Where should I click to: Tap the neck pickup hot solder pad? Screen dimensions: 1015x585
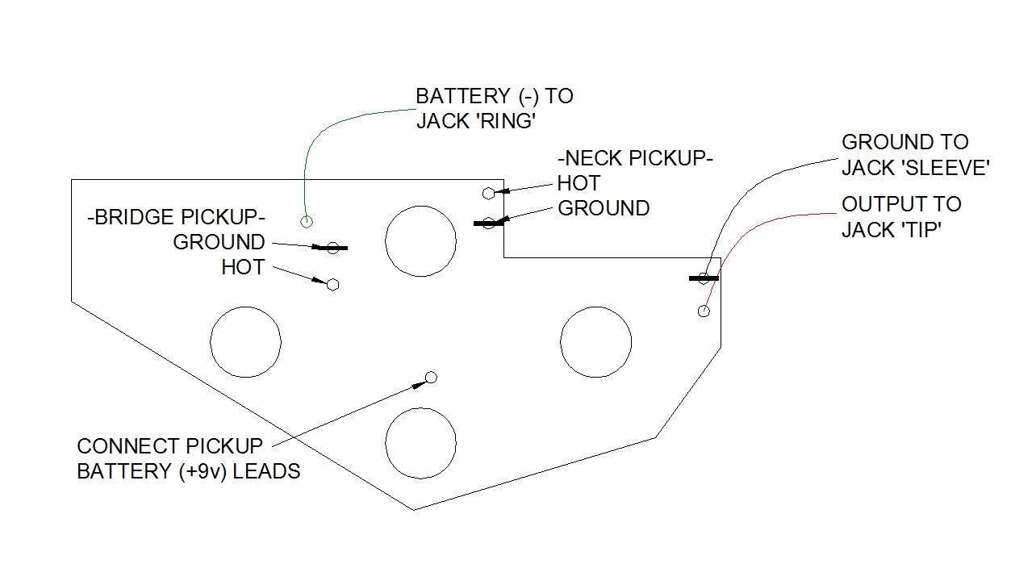pyautogui.click(x=488, y=194)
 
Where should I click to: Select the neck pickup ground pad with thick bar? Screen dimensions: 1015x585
pyautogui.click(x=488, y=223)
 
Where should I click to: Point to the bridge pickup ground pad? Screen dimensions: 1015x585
pyautogui.click(x=332, y=248)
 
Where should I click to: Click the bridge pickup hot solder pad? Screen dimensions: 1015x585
pyautogui.click(x=332, y=285)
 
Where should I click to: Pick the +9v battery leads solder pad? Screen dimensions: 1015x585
pyautogui.click(x=431, y=377)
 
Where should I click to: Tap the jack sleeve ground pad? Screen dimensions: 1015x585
pyautogui.click(x=704, y=278)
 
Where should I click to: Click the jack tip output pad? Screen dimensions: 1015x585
pyautogui.click(x=704, y=311)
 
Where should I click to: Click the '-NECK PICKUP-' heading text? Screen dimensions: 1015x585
pyautogui.click(x=635, y=159)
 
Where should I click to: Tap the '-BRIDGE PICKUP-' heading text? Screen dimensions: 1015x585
pyautogui.click(x=176, y=217)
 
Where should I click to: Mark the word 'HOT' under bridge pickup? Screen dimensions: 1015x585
pyautogui.click(x=244, y=267)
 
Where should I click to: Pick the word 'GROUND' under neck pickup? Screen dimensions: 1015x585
pyautogui.click(x=604, y=208)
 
